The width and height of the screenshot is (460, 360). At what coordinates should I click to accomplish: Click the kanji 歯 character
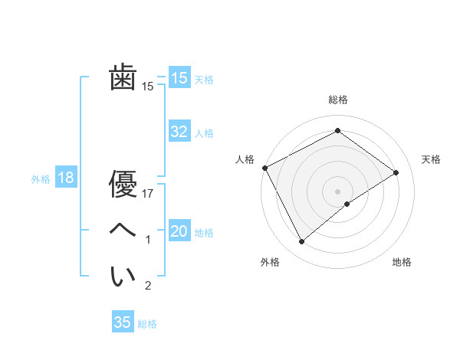click(123, 78)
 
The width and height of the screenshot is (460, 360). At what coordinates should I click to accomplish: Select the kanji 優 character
click(123, 185)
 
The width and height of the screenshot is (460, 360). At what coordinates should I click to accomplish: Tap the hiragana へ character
click(123, 231)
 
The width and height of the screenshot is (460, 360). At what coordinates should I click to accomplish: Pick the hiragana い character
click(123, 277)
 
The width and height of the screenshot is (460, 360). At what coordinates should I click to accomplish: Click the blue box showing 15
click(179, 78)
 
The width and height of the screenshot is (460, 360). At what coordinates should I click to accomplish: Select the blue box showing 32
click(179, 132)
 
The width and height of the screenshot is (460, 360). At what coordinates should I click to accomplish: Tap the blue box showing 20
click(179, 231)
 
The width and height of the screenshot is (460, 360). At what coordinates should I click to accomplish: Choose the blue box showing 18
click(65, 178)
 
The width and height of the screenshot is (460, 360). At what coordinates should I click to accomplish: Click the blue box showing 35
click(123, 322)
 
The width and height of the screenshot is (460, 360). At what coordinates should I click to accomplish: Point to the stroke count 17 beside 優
click(148, 194)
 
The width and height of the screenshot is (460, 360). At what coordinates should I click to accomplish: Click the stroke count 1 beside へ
click(148, 240)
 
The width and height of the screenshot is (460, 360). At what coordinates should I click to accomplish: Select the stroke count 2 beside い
click(148, 286)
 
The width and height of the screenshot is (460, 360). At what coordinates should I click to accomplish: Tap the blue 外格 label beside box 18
click(41, 179)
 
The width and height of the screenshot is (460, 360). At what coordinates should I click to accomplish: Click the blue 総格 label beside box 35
click(147, 323)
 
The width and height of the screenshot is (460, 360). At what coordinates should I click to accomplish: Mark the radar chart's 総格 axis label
click(337, 100)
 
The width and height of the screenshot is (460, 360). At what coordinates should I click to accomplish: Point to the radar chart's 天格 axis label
click(431, 159)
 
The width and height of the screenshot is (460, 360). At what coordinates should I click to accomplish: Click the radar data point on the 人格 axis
click(264, 168)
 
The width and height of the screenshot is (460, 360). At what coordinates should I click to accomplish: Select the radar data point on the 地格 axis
click(347, 204)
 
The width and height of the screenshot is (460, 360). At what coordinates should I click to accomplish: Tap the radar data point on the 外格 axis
click(301, 242)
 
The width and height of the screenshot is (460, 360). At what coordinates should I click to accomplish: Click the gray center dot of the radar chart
click(337, 191)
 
